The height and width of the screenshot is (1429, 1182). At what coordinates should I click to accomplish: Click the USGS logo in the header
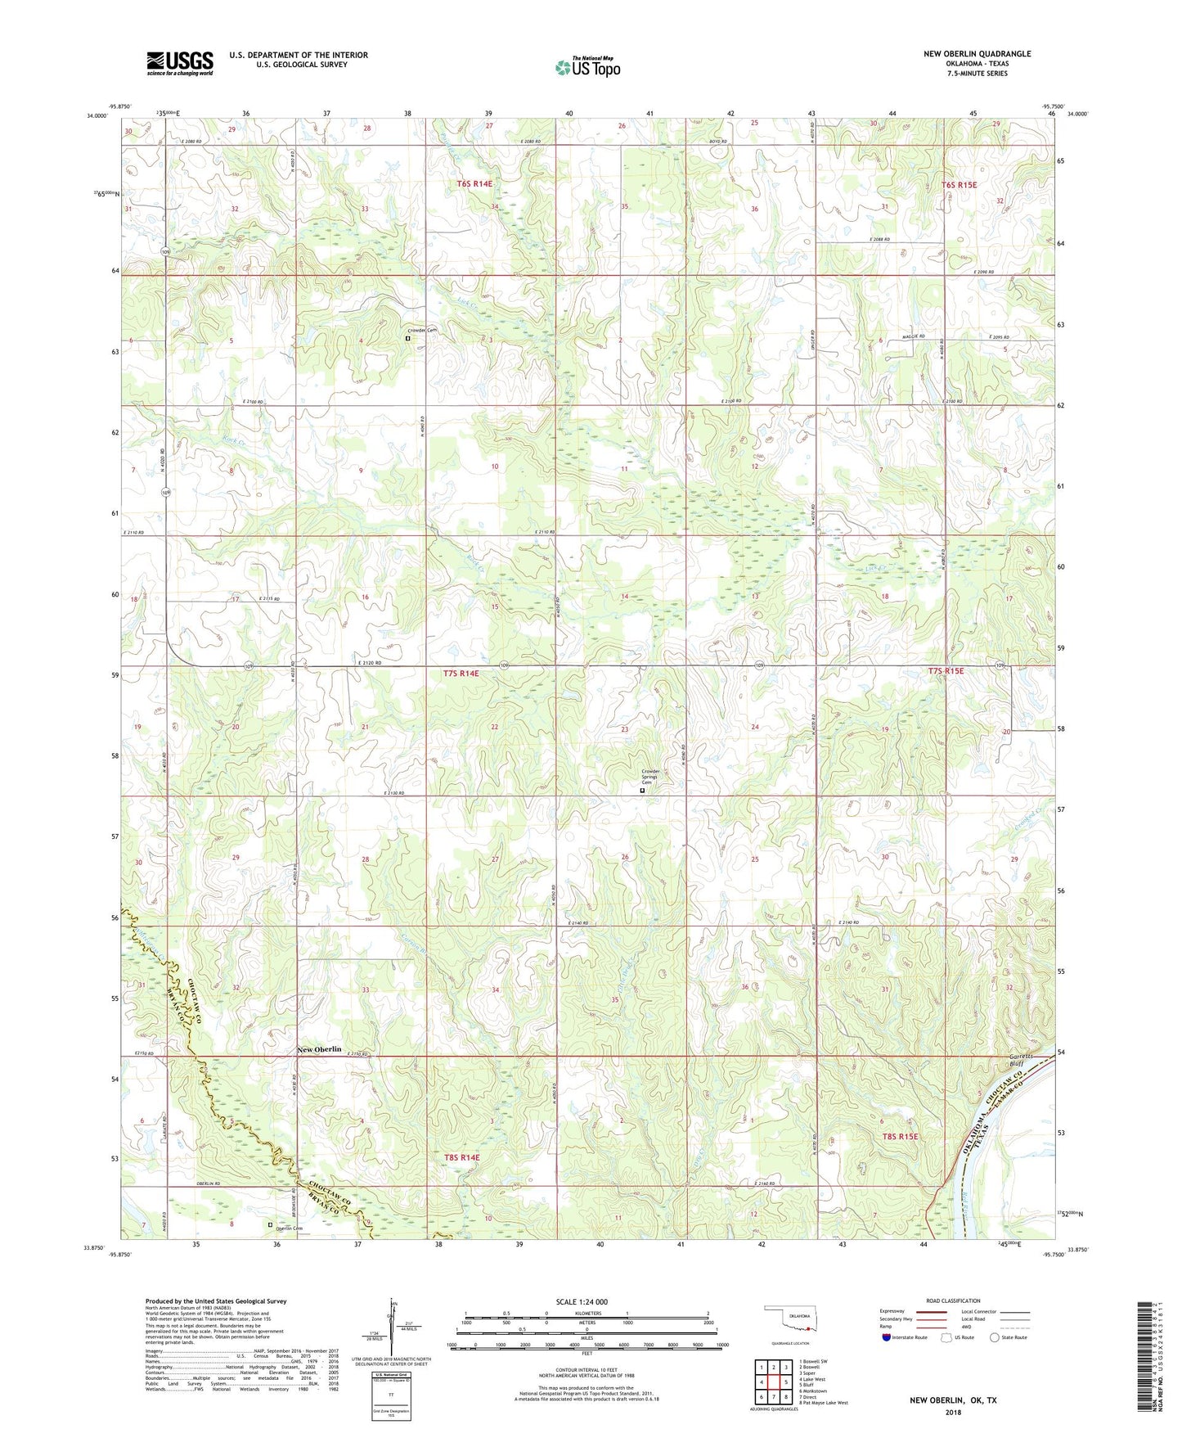click(x=180, y=63)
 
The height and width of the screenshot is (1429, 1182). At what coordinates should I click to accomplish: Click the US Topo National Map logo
click(x=587, y=67)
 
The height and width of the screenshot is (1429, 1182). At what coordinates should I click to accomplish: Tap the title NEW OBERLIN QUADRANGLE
click(x=977, y=54)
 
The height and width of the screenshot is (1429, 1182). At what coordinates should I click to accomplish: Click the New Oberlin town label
click(x=319, y=1049)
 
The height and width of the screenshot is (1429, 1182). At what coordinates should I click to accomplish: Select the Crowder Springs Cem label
click(x=650, y=777)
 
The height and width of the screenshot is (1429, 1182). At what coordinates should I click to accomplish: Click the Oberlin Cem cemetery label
click(x=289, y=1229)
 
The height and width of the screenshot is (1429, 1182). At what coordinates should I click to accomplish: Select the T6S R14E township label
click(x=474, y=184)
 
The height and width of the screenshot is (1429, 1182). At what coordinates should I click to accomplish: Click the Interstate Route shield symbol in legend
click(x=888, y=1337)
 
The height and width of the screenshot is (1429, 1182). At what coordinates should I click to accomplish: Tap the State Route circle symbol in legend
click(x=995, y=1337)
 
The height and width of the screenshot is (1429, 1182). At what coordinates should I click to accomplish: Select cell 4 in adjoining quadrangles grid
click(x=762, y=1382)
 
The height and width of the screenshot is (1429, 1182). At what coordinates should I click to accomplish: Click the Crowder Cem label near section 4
click(x=424, y=331)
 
